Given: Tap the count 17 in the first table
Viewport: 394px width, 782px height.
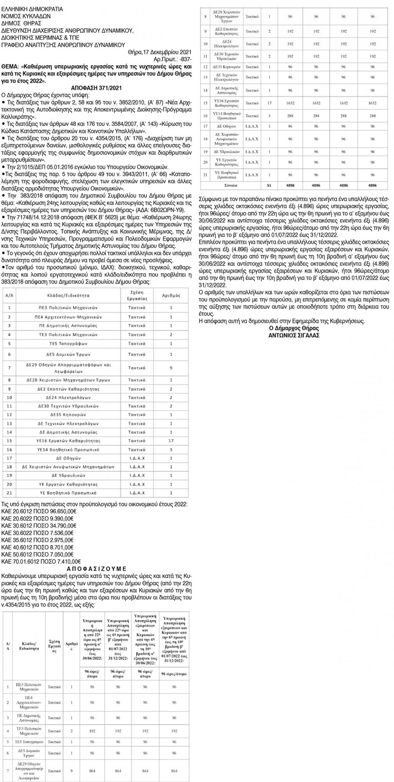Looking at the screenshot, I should point(171,440).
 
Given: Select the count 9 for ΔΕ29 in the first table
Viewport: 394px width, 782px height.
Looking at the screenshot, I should point(171,368).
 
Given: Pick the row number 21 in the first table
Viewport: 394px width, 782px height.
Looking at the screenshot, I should point(9,493).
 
